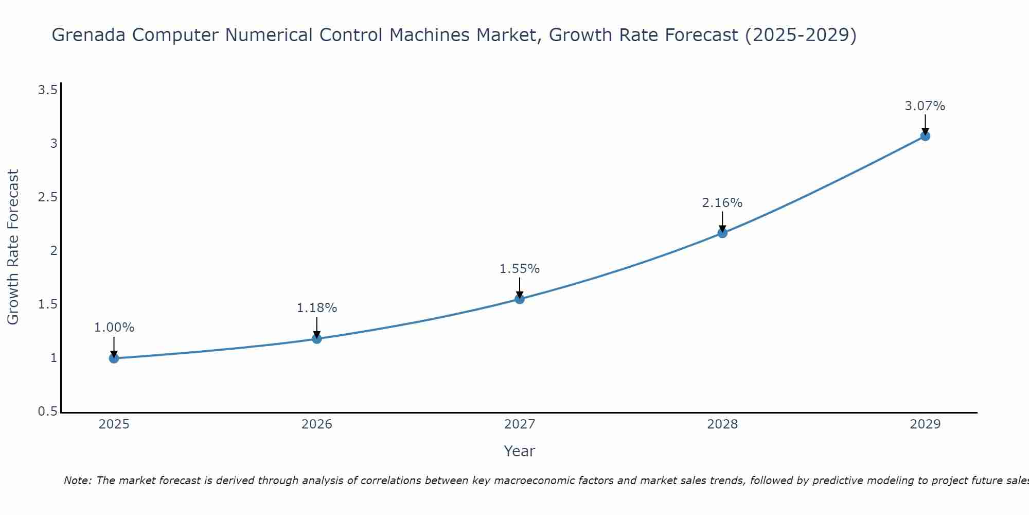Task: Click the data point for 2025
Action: [x=114, y=358]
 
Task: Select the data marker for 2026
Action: [x=317, y=339]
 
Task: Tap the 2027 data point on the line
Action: [x=520, y=299]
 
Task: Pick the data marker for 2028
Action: [x=722, y=233]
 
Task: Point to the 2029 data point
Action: [x=925, y=136]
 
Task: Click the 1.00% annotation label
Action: [x=114, y=328]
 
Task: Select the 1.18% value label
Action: [x=317, y=308]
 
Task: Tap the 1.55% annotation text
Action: [x=520, y=269]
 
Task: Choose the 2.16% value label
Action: [x=722, y=203]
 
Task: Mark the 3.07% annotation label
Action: [x=925, y=106]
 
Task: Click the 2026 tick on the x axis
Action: [x=317, y=424]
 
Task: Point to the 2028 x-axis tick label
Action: [x=722, y=424]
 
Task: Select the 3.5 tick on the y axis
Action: [x=47, y=91]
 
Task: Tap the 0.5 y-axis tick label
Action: [x=47, y=411]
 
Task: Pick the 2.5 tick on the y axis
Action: [x=47, y=198]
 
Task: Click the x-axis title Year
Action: [x=520, y=451]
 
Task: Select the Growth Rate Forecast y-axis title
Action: [x=13, y=247]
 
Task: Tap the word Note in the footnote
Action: [x=77, y=480]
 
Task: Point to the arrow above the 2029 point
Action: [x=925, y=124]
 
